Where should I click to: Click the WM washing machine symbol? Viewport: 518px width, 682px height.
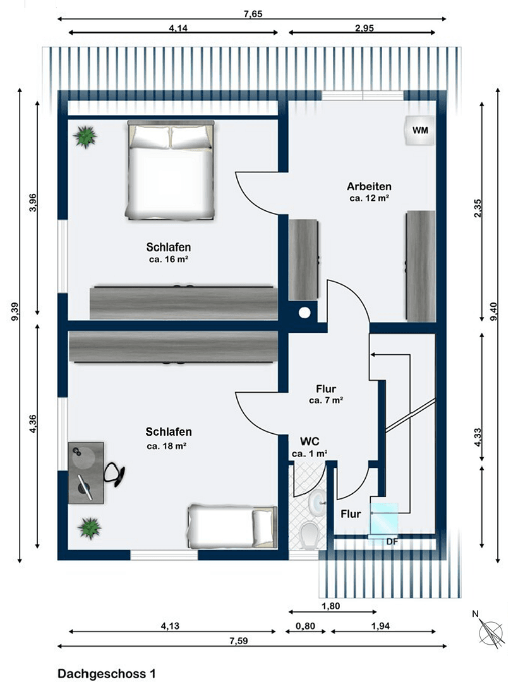click(x=419, y=131)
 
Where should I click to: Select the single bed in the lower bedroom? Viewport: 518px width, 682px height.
click(x=232, y=526)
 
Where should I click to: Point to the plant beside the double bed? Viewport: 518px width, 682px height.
click(x=85, y=136)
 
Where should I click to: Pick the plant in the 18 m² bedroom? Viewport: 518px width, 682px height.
click(x=90, y=528)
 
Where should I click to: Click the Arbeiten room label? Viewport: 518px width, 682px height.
click(x=369, y=186)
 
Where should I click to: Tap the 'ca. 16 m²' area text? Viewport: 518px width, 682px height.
click(x=169, y=259)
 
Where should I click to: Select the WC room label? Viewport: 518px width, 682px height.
click(x=310, y=440)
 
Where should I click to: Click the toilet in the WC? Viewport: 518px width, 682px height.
click(x=310, y=534)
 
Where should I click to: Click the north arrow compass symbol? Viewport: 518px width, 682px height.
click(x=491, y=632)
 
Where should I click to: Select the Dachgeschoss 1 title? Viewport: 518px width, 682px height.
click(x=106, y=674)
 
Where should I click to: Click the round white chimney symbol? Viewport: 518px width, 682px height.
click(x=305, y=312)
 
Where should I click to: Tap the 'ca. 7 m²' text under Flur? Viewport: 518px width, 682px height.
click(x=326, y=400)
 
